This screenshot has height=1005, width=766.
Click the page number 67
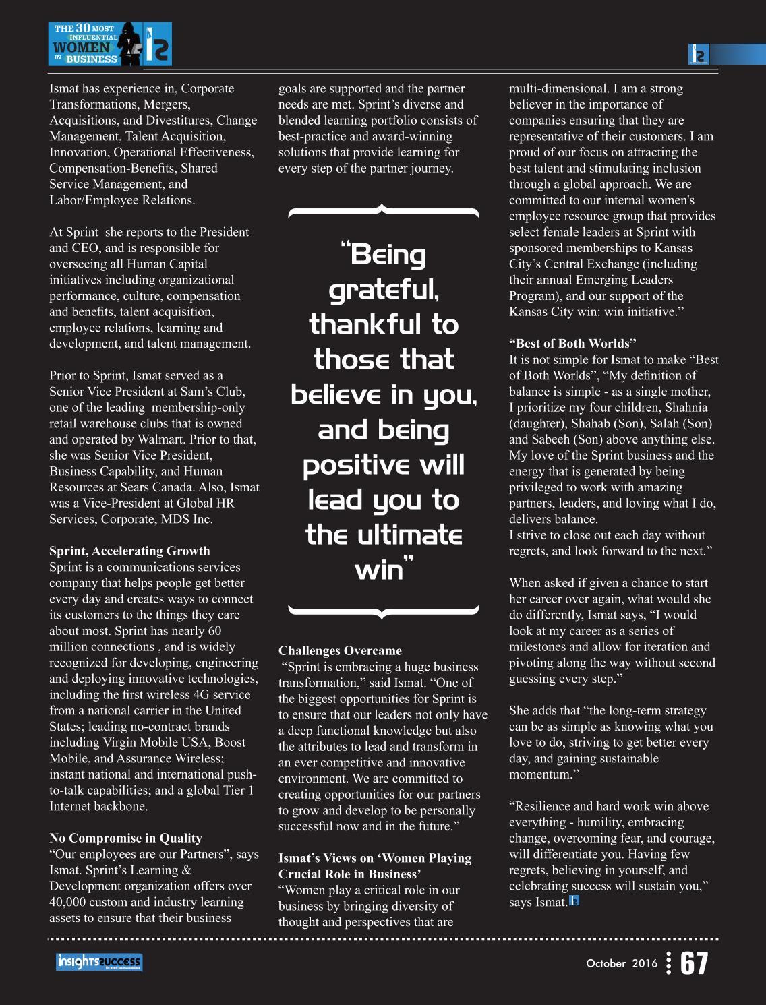coord(694,964)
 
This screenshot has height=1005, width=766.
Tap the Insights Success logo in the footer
coord(99,963)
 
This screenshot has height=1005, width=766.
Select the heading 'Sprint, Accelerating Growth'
coord(129,551)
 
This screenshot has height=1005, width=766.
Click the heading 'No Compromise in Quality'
coord(125,838)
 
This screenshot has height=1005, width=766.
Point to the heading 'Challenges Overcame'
coord(340,650)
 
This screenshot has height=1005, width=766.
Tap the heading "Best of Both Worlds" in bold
coord(572,343)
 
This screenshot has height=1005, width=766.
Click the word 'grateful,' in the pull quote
coord(384,291)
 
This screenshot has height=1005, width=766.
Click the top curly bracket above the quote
coord(383,211)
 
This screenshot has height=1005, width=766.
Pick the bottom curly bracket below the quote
coord(383,611)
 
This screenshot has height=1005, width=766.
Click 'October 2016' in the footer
coord(621,964)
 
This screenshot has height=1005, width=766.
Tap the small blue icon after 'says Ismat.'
coord(574,900)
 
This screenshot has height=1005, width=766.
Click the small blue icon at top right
coord(698,55)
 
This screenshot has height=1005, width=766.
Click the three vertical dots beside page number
coord(668,964)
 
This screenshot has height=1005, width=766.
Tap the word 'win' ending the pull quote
coord(379,570)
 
